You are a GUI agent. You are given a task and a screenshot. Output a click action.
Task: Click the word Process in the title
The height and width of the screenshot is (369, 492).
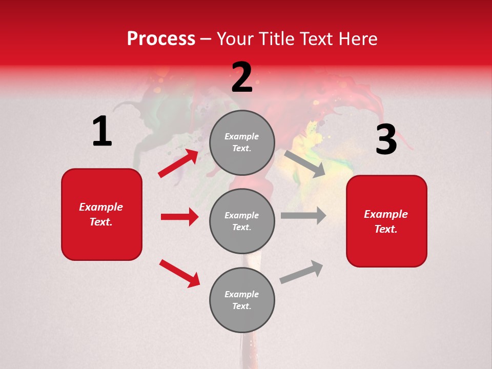click(x=161, y=38)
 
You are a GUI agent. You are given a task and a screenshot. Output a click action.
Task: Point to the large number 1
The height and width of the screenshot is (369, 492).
click(x=102, y=132)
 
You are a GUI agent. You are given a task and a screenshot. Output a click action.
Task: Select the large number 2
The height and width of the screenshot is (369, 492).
click(x=242, y=78)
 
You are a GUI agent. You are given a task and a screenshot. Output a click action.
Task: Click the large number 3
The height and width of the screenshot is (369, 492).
click(x=386, y=140)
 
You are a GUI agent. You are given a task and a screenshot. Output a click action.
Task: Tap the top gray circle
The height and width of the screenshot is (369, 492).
click(x=242, y=142)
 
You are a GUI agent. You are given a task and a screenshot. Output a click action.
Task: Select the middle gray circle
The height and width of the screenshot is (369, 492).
click(x=242, y=221)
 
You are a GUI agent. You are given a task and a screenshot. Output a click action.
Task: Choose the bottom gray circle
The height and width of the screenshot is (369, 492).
click(x=242, y=300)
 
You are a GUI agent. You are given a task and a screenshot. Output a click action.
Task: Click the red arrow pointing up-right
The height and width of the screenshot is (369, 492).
click(x=178, y=163)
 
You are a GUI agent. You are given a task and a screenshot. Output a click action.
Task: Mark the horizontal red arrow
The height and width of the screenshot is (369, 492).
click(x=179, y=217)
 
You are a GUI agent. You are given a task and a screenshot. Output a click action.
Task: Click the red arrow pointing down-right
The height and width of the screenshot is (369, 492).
click(x=179, y=273)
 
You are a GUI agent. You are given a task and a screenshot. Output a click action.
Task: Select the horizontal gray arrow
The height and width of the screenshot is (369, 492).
click(x=303, y=215)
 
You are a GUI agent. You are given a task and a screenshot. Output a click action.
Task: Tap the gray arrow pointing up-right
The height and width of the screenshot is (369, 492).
click(x=301, y=272)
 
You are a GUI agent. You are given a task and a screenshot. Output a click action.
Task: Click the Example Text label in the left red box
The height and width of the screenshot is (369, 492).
click(x=101, y=214)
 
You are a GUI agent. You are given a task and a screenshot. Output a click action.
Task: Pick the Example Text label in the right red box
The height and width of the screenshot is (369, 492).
click(x=386, y=221)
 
